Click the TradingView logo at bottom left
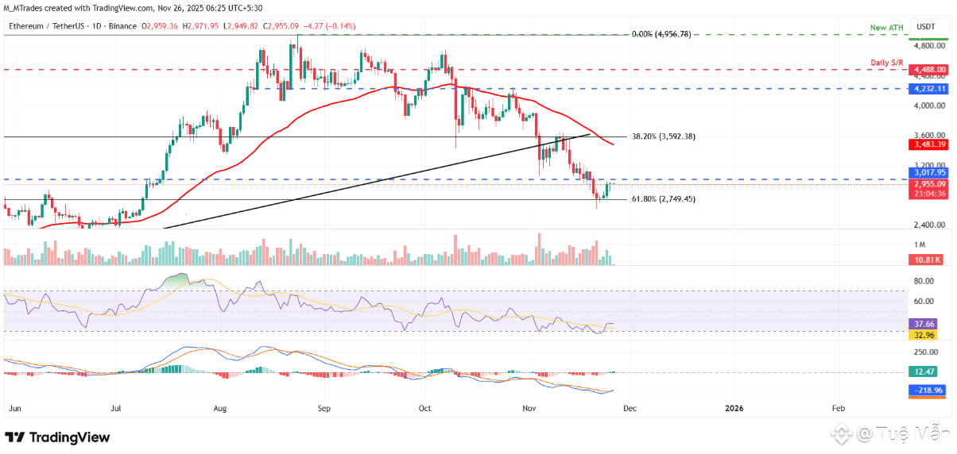[x=57, y=437]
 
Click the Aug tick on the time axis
[x=220, y=408]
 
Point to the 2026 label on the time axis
[x=735, y=408]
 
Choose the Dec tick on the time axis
[x=629, y=408]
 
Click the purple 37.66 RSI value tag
[x=926, y=324]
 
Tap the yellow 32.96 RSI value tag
[x=926, y=334]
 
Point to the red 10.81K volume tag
[x=928, y=260]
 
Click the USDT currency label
[x=927, y=28]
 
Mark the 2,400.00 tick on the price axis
[x=928, y=225]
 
